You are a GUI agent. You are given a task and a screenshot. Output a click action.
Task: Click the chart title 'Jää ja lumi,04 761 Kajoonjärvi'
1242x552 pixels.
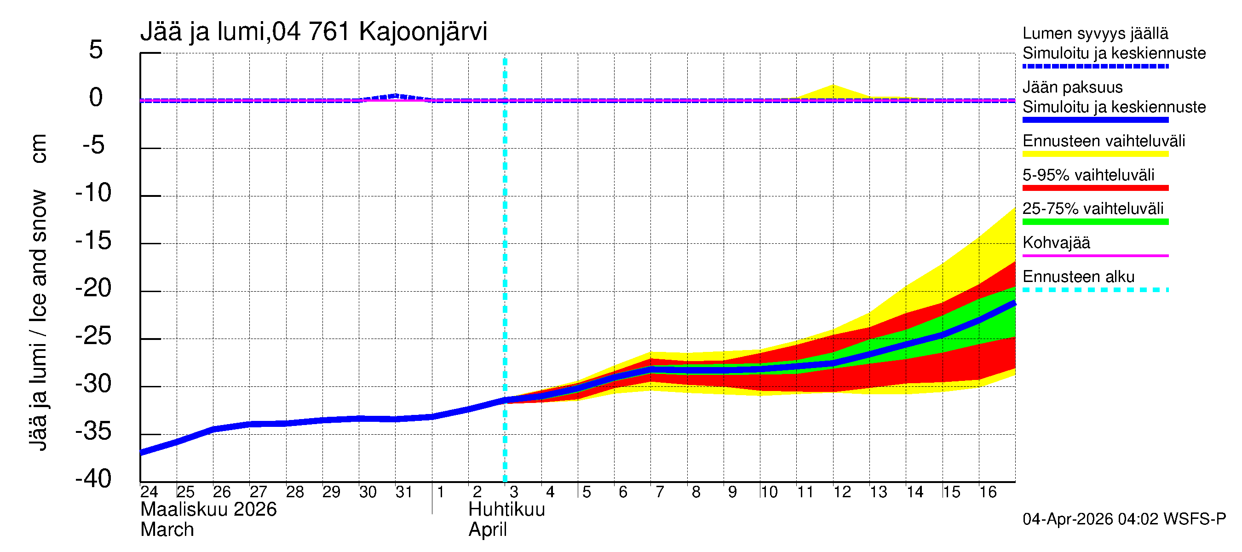313,32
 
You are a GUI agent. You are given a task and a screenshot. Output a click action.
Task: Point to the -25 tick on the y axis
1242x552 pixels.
93,337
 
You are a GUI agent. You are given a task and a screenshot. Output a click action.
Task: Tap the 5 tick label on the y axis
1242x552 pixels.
96,50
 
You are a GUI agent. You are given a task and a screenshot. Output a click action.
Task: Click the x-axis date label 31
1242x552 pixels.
403,492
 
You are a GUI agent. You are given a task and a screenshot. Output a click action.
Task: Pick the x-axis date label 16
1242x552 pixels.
988,492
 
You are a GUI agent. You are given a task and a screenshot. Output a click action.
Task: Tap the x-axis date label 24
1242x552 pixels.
149,492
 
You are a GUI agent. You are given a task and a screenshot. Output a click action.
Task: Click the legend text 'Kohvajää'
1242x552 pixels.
1056,243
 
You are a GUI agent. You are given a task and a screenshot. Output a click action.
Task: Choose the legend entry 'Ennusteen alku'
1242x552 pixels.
1078,277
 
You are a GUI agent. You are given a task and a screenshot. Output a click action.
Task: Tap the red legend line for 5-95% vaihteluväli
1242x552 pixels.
1095,188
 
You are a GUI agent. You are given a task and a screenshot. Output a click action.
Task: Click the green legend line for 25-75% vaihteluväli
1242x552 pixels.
1095,222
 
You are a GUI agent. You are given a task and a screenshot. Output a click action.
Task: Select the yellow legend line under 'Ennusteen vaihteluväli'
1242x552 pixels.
1095,154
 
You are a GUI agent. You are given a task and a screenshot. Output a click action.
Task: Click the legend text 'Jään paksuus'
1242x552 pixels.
1072,88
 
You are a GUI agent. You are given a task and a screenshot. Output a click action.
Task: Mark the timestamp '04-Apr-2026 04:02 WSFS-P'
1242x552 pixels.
1123,519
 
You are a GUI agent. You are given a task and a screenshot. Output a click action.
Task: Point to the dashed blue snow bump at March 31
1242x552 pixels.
395,96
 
